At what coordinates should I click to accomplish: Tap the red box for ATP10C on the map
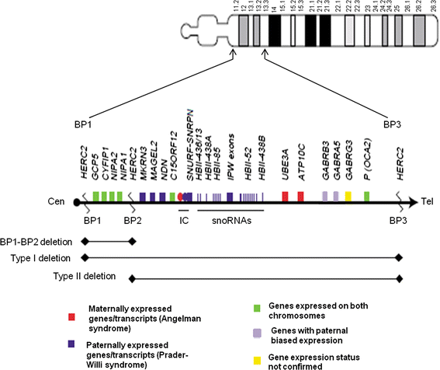click(301, 197)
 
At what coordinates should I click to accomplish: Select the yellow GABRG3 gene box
click(348, 197)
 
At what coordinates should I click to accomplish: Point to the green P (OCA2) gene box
click(366, 197)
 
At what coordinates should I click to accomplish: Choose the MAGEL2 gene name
click(154, 166)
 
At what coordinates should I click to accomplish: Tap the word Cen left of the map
click(57, 202)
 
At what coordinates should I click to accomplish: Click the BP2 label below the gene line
click(133, 221)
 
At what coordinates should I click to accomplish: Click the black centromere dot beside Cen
click(77, 202)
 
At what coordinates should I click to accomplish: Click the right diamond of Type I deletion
click(399, 258)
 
